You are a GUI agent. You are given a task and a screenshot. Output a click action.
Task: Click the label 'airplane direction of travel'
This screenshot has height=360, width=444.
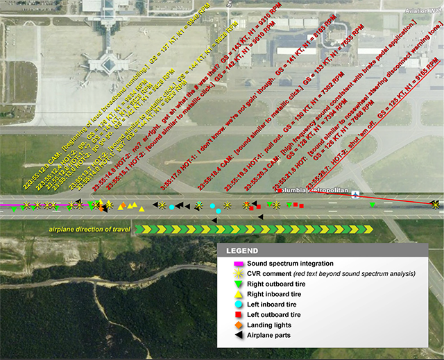tap(89, 229)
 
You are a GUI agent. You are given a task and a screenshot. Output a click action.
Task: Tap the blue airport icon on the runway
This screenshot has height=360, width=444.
tap(356, 194)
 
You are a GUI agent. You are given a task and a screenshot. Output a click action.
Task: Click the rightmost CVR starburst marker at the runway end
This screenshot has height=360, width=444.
tap(434, 204)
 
